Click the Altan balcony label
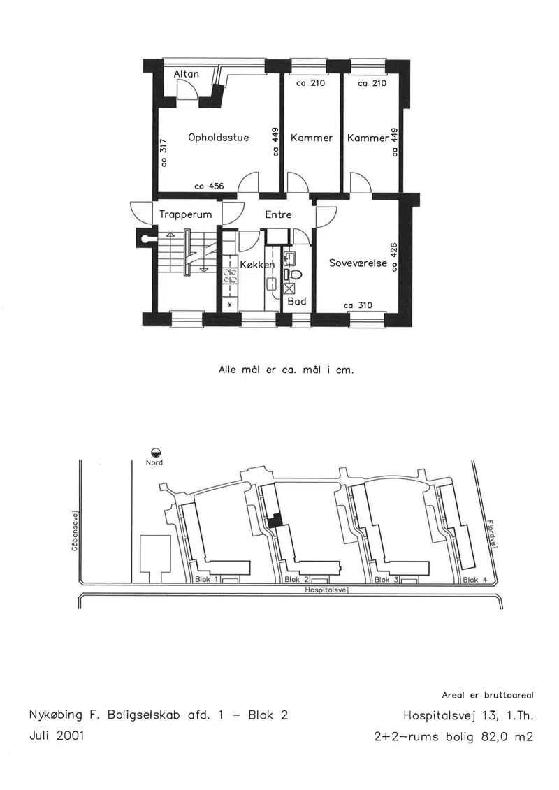[x=187, y=73]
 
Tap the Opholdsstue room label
[x=219, y=138]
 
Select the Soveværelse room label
[x=358, y=263]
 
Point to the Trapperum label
[x=185, y=214]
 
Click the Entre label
[x=278, y=214]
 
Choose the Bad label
[x=297, y=301]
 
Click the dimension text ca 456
[x=209, y=186]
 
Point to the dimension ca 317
[x=164, y=152]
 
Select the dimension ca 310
[x=358, y=305]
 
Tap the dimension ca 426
[x=395, y=256]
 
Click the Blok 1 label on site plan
[x=206, y=579]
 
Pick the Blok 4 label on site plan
[x=475, y=580]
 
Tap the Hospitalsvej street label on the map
[x=327, y=590]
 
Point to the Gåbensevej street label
[x=75, y=532]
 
